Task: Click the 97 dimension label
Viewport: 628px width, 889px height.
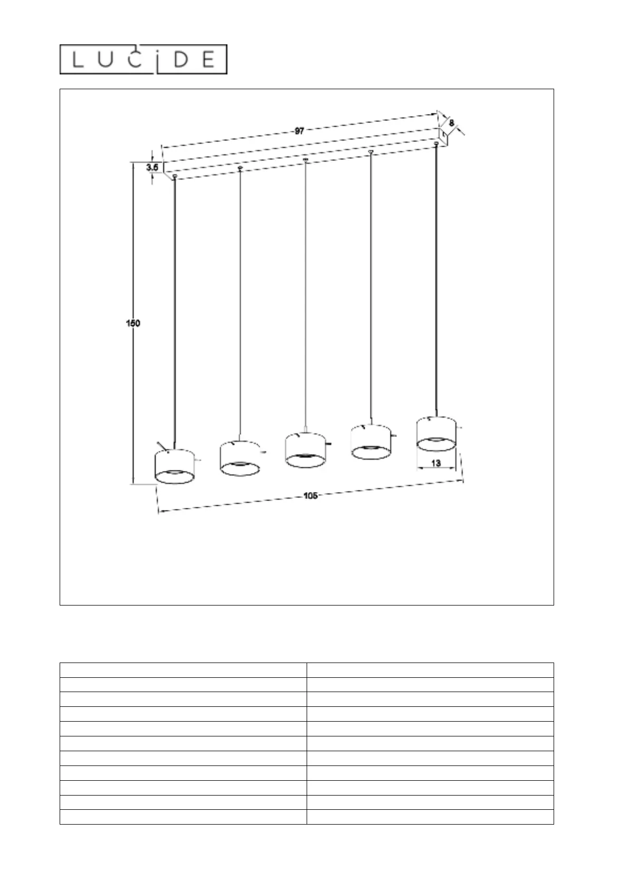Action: [299, 131]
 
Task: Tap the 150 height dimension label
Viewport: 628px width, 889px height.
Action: [132, 323]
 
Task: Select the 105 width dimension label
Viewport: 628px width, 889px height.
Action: [310, 496]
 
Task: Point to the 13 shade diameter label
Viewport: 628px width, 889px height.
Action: [436, 463]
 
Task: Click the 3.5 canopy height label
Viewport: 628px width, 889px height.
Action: [153, 167]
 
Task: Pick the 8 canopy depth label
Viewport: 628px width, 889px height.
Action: [451, 122]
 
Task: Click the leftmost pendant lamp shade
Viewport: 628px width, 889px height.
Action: [174, 466]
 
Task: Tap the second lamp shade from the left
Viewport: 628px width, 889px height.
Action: [239, 458]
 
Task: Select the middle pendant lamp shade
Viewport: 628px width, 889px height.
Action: [305, 450]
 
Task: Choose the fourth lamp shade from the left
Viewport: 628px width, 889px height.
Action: [370, 442]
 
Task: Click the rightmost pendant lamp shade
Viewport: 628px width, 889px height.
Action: [436, 433]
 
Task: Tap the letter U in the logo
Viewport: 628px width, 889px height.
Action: [107, 60]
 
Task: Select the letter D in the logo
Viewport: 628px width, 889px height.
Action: [179, 60]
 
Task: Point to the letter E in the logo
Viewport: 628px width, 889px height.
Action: [208, 60]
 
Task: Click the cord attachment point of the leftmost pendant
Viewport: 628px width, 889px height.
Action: [175, 176]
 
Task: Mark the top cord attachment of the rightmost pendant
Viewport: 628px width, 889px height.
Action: [436, 143]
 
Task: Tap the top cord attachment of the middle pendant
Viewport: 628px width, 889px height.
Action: [306, 159]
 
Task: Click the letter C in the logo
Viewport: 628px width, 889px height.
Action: [137, 60]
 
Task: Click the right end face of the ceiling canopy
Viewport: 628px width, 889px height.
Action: [444, 136]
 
